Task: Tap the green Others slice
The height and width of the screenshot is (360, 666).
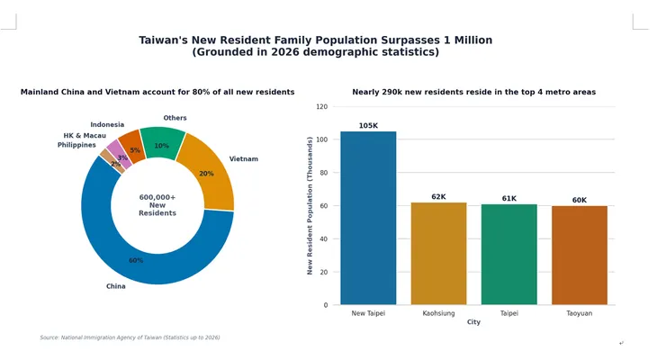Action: [x=163, y=142]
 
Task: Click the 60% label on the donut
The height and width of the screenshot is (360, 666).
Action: [x=136, y=260]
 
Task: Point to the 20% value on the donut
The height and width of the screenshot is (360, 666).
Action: [x=206, y=174]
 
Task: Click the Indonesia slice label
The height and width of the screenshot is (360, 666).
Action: [x=107, y=124]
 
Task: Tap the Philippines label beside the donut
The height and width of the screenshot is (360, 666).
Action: [x=76, y=145]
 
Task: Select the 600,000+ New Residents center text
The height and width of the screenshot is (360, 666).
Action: [x=157, y=205]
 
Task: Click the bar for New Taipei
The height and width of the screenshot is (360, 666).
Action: [x=368, y=218]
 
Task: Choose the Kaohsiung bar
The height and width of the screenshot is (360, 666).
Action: [x=439, y=254]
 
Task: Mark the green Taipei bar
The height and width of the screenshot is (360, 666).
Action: [x=508, y=255]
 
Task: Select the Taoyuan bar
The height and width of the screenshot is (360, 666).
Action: [x=580, y=255]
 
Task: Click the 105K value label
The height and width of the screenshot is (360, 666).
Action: [x=368, y=126]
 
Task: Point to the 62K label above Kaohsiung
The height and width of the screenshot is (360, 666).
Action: [x=439, y=197]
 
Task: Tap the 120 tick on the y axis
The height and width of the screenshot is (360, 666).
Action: [x=322, y=106]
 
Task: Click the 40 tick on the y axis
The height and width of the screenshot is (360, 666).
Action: [x=324, y=239]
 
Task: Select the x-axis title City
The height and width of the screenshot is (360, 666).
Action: [x=473, y=322]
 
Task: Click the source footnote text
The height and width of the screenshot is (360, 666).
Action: [x=130, y=337]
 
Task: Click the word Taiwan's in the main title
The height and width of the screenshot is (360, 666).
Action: [x=164, y=40]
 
